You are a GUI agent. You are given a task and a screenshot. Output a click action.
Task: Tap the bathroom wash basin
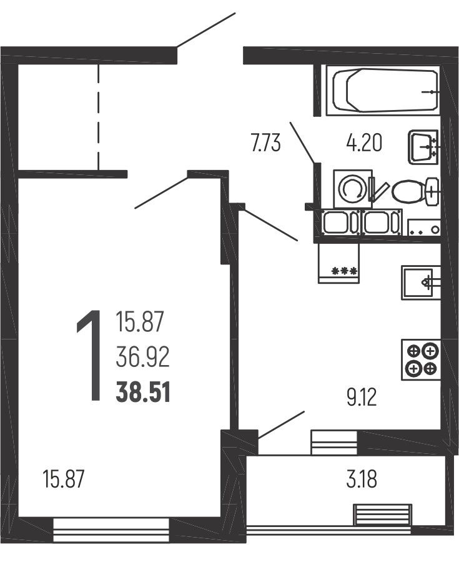click(x=423, y=146)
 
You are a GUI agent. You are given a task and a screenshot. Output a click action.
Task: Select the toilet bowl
click(x=415, y=191)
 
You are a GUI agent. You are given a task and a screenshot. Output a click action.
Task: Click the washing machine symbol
click(x=353, y=189)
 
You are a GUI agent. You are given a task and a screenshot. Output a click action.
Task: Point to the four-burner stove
click(x=421, y=359)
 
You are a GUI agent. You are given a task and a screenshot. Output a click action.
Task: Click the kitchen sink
click(x=421, y=283)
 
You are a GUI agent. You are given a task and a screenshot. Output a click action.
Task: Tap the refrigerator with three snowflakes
click(x=338, y=263)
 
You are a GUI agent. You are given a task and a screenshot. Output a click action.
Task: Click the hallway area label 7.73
click(x=265, y=143)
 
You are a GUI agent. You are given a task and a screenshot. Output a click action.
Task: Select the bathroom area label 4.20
click(x=364, y=143)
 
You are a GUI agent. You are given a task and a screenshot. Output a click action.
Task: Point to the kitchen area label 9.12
click(x=362, y=398)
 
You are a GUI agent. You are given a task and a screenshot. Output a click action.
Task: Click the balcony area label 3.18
click(x=362, y=479)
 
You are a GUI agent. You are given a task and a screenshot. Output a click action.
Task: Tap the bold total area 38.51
click(x=143, y=393)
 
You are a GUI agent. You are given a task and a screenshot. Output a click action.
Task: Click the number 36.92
click(x=142, y=358)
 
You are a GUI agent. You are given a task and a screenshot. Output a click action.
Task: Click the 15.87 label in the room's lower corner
click(x=63, y=479)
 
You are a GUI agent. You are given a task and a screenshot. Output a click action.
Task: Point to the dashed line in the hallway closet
click(x=98, y=117)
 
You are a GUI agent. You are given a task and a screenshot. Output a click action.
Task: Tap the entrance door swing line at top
click(x=206, y=30)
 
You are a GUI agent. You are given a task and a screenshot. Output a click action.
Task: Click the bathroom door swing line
click(x=303, y=143)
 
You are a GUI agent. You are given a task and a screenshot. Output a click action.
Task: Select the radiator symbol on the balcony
click(x=383, y=514)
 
